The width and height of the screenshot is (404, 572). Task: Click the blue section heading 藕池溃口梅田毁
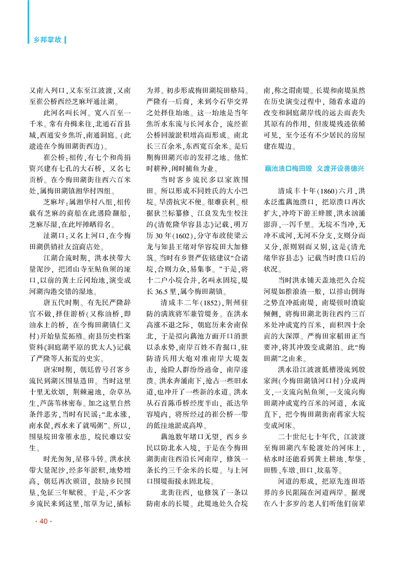coord(288,168)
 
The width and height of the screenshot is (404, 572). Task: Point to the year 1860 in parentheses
coord(327,191)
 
